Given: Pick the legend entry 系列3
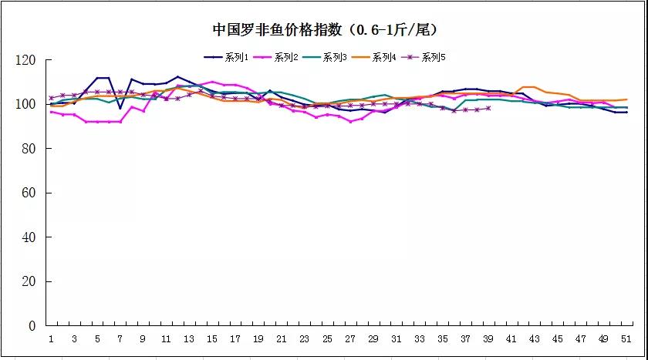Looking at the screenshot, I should click(334, 57).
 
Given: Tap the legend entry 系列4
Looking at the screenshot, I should click(383, 57).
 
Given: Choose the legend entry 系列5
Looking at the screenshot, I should click(433, 57).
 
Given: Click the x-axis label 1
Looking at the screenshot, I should click(51, 339).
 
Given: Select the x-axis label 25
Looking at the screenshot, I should click(327, 339).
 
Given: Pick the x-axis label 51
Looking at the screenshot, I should click(626, 339).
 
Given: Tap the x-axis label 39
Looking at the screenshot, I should click(488, 339).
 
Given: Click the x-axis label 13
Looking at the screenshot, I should click(189, 339).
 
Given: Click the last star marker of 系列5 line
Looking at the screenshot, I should click(488, 108).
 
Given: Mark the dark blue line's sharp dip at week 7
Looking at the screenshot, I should click(120, 109).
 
